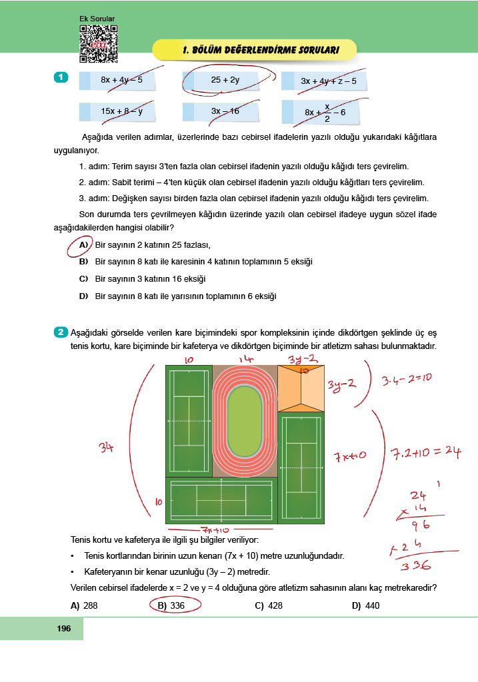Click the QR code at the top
(x=99, y=44)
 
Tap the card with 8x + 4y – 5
(x=117, y=81)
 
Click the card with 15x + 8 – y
(x=117, y=112)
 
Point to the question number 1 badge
(x=60, y=78)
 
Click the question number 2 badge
(x=60, y=331)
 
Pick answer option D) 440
(x=367, y=605)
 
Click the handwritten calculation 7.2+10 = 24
(x=425, y=453)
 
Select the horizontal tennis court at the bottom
(x=221, y=500)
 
